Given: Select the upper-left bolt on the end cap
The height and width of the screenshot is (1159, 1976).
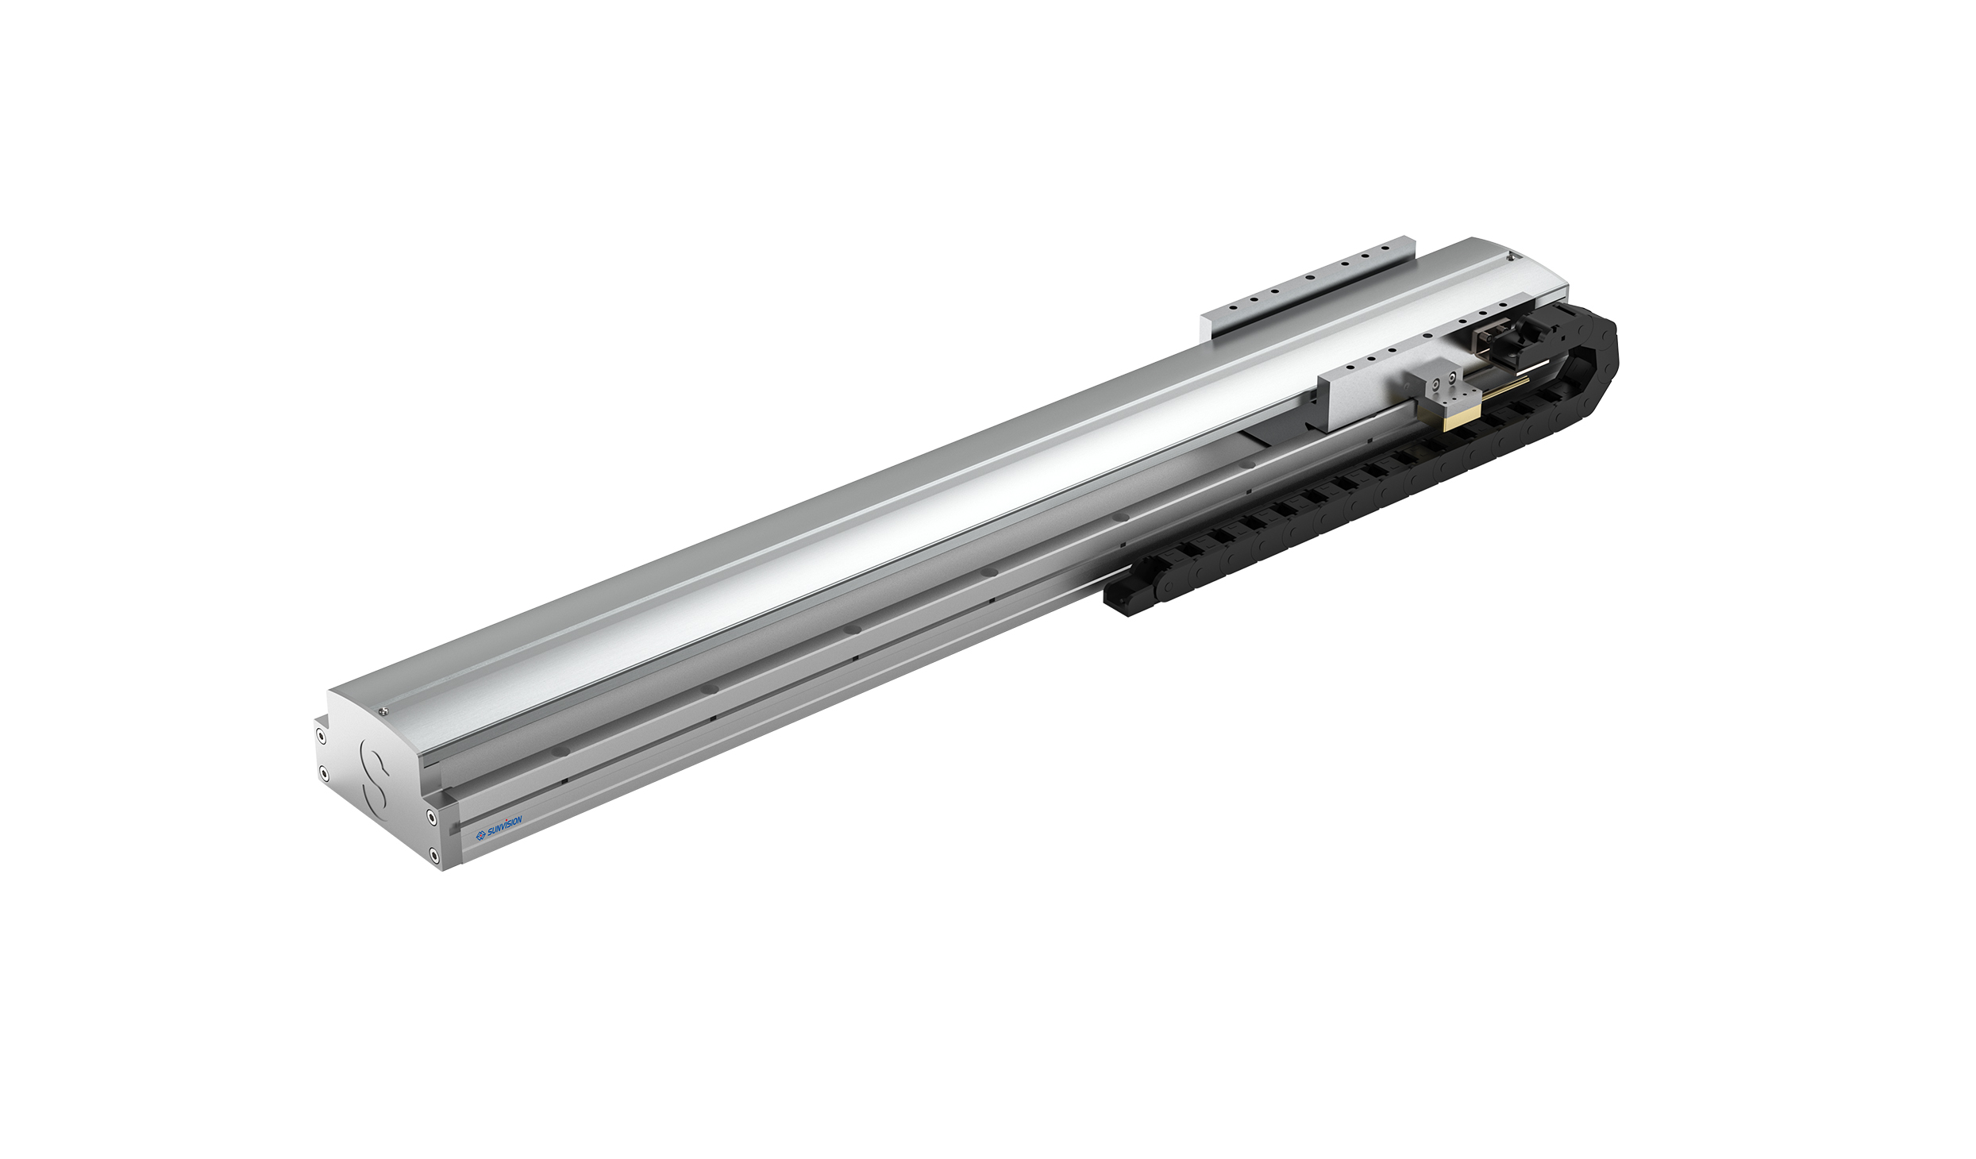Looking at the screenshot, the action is click(x=321, y=737).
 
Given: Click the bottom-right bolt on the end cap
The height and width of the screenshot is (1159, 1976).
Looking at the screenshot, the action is click(x=433, y=854).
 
